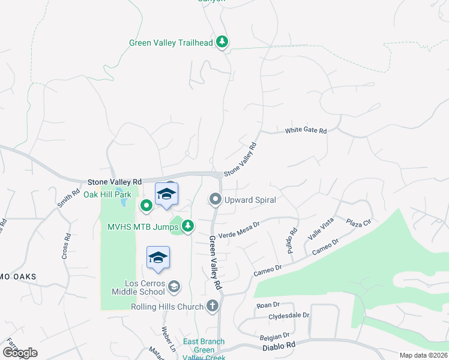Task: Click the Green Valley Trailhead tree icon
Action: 223,41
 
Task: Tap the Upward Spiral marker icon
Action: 215,199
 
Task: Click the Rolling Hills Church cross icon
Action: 211,306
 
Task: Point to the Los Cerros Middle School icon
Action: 173,286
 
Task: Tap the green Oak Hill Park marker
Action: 146,206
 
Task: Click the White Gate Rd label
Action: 306,130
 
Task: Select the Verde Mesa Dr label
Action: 238,230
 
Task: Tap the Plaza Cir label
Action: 359,223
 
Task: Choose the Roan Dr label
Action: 264,305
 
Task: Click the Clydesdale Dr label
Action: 289,315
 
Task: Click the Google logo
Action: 20,353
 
